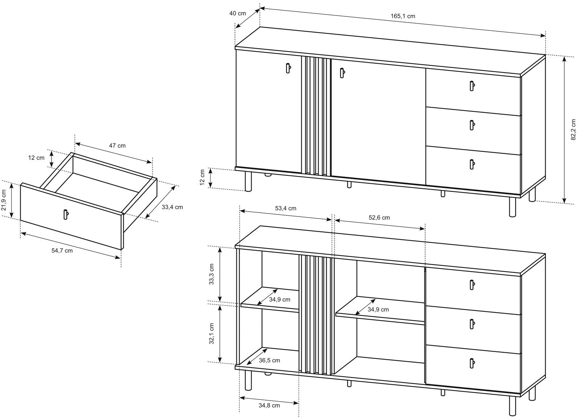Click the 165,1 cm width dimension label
click(x=403, y=16)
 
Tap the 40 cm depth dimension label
click(x=238, y=13)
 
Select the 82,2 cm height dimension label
click(x=573, y=129)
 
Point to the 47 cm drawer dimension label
click(x=117, y=146)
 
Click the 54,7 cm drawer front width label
click(x=62, y=250)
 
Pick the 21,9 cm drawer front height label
click(x=3, y=200)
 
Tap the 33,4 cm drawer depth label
click(x=173, y=207)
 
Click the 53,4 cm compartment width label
click(x=286, y=208)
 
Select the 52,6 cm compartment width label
click(x=379, y=217)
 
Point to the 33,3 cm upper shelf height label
click(x=212, y=274)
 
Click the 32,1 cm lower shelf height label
click(x=212, y=333)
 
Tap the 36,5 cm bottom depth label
click(x=269, y=360)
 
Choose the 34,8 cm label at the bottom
click(x=269, y=405)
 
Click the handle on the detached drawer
click(x=66, y=214)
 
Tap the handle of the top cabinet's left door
click(x=288, y=68)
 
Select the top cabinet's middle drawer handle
click(x=472, y=125)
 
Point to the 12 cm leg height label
click(x=202, y=177)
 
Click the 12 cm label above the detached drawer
click(x=37, y=158)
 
